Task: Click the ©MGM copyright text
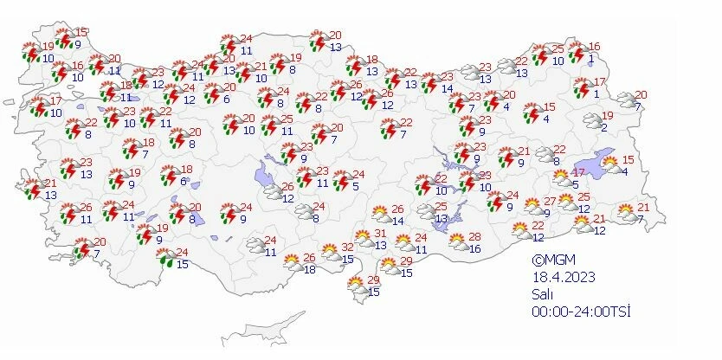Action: point(554,260)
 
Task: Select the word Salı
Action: point(543,294)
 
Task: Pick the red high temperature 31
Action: point(380,232)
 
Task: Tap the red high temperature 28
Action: point(474,237)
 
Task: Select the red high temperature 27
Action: point(549,201)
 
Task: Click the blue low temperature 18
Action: point(309,270)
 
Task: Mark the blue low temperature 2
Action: point(603,128)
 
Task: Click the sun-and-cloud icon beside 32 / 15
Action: point(330,253)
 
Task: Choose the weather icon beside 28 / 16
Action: point(457,243)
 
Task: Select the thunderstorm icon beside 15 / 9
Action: point(63,38)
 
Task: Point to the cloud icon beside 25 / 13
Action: point(426,211)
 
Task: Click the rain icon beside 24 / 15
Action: point(164,256)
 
